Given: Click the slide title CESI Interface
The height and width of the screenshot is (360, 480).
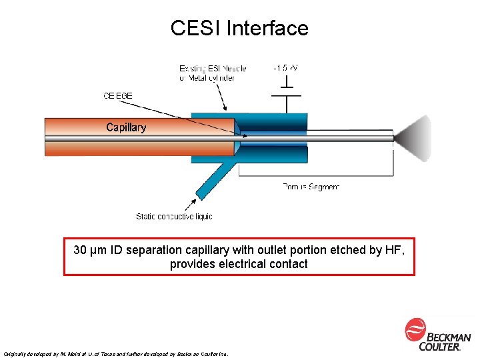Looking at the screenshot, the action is coord(239,28).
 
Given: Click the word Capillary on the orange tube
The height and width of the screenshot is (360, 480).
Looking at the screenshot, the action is coord(126,127).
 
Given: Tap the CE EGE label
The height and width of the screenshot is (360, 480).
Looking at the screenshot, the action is coord(118,95).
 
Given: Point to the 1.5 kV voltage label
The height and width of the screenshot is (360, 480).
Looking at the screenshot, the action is coord(286,68).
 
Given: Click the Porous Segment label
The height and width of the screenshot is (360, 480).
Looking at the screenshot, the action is coord(311,187).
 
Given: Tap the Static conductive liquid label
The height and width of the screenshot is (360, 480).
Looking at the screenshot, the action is coord(174,216).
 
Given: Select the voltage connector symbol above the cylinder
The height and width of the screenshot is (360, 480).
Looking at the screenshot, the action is coord(287,90).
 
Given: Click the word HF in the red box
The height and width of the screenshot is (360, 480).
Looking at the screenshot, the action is coord(395,250).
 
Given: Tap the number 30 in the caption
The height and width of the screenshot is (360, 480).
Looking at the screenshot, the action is coord(79,250).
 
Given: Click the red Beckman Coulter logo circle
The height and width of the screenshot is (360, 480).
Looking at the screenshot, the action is coord(415,329).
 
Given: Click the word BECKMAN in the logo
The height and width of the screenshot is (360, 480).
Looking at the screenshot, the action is coord(449,338).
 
